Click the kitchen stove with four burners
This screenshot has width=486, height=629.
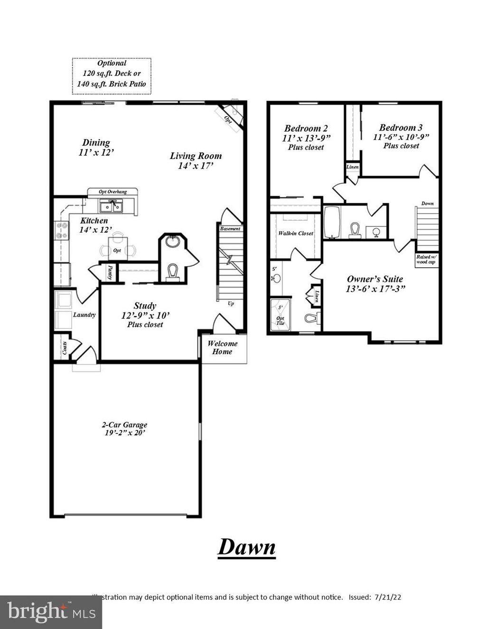click(x=62, y=231)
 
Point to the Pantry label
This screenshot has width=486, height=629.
click(x=110, y=272)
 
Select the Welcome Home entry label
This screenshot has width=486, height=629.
click(x=222, y=347)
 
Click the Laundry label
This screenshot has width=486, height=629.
click(x=84, y=315)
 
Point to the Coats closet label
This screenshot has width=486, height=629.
click(x=64, y=348)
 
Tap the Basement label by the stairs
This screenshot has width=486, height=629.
click(x=230, y=229)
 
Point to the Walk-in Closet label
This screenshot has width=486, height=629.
click(x=296, y=234)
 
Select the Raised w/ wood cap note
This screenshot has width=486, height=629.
click(x=425, y=259)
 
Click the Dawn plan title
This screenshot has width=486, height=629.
click(x=246, y=547)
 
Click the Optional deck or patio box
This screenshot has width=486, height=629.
click(x=112, y=74)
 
